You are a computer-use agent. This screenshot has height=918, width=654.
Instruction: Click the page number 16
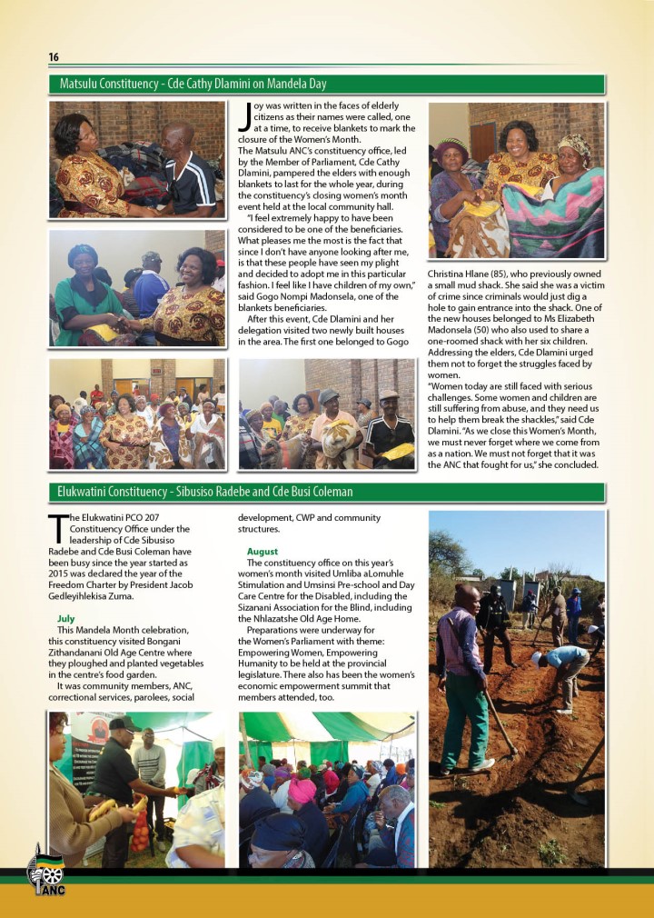point(54,57)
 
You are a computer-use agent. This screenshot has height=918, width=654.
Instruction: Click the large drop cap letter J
point(243,116)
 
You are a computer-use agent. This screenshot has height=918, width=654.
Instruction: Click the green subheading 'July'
point(65,618)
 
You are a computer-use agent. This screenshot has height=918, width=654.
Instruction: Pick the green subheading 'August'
point(263,552)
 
